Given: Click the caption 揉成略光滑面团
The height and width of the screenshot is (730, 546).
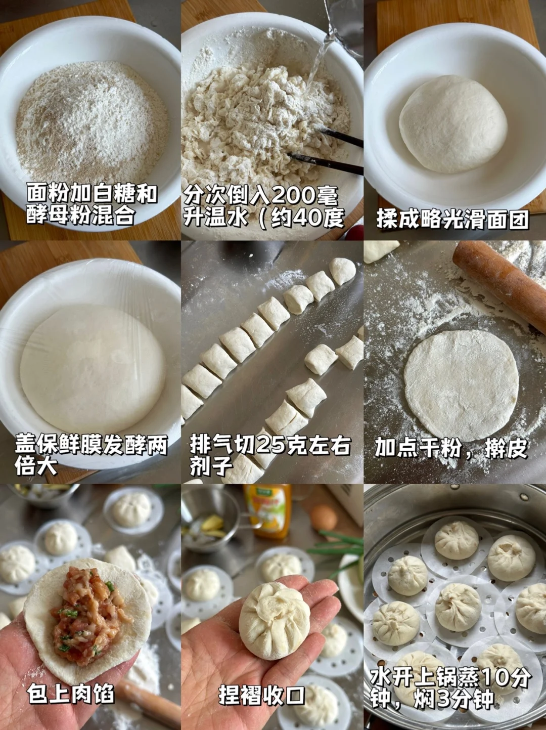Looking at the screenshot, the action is [452, 220].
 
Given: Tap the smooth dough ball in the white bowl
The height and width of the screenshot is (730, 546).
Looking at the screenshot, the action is [453, 124].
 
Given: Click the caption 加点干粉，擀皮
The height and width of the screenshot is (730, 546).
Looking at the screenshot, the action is [451, 448].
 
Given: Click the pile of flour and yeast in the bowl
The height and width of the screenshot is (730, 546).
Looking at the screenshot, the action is [92, 123].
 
